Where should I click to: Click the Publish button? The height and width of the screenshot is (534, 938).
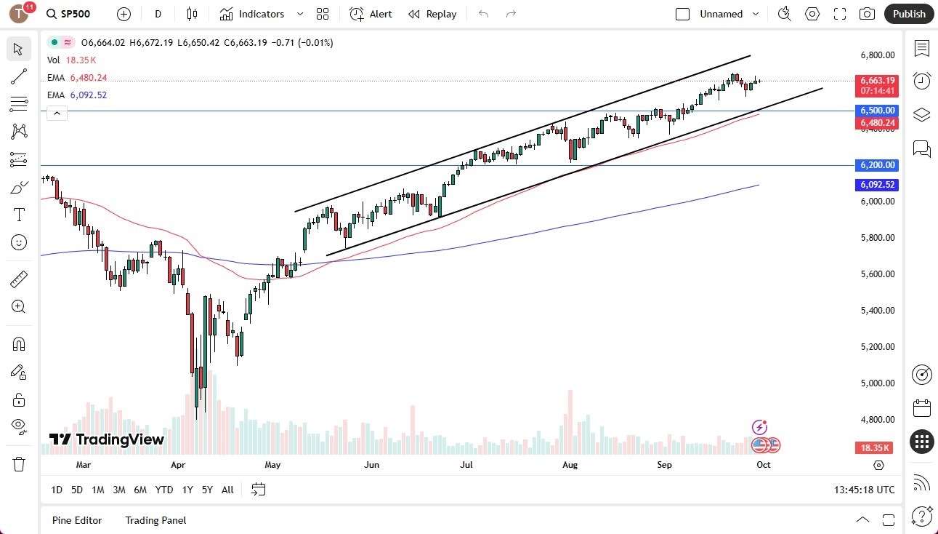point(909,14)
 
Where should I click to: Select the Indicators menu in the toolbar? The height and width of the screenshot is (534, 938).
point(252,14)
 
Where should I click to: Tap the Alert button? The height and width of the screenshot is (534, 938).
point(371,14)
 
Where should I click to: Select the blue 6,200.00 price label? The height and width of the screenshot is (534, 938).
point(878,165)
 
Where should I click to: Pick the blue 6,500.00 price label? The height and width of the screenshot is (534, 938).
point(878,111)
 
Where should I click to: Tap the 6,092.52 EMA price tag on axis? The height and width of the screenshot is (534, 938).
point(878,185)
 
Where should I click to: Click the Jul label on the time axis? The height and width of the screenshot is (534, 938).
point(466,464)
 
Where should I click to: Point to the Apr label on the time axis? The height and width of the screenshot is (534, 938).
point(178,464)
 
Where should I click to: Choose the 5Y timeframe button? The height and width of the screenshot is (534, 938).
point(207,490)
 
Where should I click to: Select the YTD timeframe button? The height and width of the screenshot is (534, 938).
point(164,490)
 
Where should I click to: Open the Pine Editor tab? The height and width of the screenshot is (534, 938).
point(77,520)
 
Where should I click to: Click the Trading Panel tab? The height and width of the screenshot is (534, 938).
point(155,520)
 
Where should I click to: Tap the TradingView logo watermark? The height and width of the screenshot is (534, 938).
point(107,439)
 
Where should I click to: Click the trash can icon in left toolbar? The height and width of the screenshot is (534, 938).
point(19,464)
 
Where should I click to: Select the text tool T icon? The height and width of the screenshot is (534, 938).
point(19,215)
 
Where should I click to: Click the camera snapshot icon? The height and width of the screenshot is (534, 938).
point(867,14)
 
